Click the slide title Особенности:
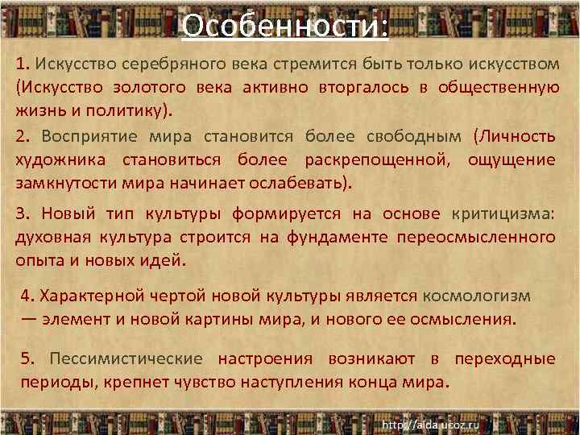(x=285, y=26)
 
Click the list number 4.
(x=27, y=295)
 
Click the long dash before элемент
(x=29, y=318)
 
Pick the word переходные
(x=505, y=358)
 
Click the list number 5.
(x=27, y=358)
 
